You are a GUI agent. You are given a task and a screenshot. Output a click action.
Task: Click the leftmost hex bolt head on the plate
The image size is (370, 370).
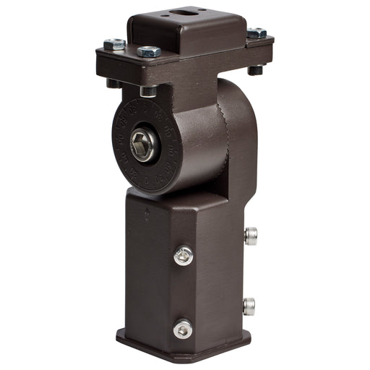coord(114,45)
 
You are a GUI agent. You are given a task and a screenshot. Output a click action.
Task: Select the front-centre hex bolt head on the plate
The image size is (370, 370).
coord(149,51)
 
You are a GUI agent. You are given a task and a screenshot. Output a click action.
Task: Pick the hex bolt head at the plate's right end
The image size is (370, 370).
coord(257,33)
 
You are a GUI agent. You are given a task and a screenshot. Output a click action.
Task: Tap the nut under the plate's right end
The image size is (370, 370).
coord(255,70)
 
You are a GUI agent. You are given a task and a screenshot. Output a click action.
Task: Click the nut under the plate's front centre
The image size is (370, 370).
coord(148,91)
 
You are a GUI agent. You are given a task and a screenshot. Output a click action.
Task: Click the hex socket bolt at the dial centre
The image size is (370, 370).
coord(143,146)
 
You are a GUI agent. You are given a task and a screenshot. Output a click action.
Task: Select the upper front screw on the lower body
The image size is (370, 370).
coord(184,255)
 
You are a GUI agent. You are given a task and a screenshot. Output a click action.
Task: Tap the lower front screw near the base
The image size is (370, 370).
coord(182,329)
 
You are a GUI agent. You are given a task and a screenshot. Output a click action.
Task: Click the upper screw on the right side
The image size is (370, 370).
coord(250,236)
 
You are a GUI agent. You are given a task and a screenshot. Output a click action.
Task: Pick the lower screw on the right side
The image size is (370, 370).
coord(249,306)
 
